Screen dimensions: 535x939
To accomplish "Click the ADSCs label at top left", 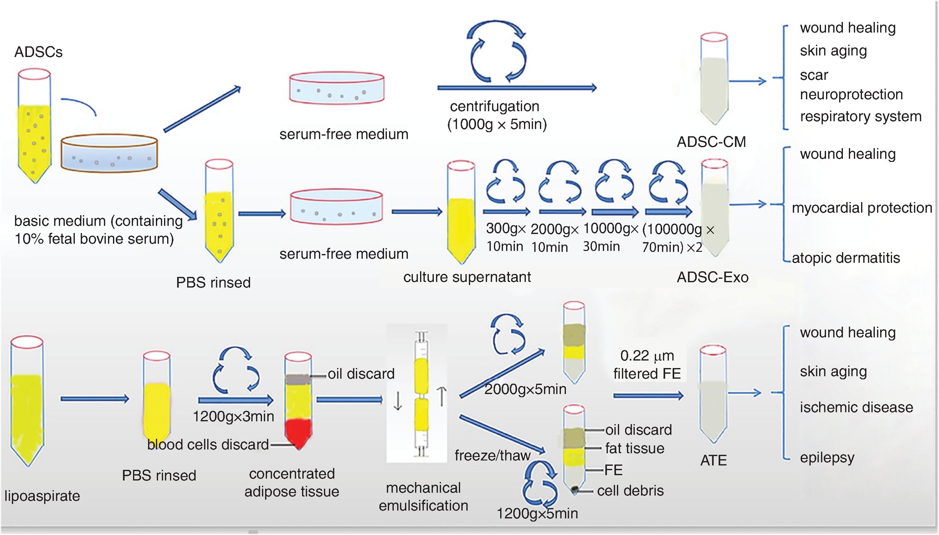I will pos(38,52).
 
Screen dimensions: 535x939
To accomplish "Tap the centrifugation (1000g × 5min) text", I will pos(496,115).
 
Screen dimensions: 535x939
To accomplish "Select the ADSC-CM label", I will pos(711,142).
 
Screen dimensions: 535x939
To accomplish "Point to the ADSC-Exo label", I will pos(712,277).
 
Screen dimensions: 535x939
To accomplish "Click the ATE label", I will pos(713,460).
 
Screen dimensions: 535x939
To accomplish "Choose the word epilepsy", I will pos(827,458).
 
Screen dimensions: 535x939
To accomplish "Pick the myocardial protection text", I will pos(862,208).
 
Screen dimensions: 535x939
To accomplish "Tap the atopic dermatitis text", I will pos(846,258).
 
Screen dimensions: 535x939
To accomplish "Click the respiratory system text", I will pos(860,117).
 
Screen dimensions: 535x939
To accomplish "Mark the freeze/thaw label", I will pos(493,456).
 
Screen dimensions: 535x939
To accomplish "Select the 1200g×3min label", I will pos(233,416).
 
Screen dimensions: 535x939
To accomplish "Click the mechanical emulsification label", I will pos(423,497).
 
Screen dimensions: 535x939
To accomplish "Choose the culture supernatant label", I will pos(467,277).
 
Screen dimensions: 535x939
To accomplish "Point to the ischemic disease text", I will pos(856,408).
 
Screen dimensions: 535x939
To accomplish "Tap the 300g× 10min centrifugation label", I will pos(505,237).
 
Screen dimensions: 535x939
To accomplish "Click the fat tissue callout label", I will pos(634,448).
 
